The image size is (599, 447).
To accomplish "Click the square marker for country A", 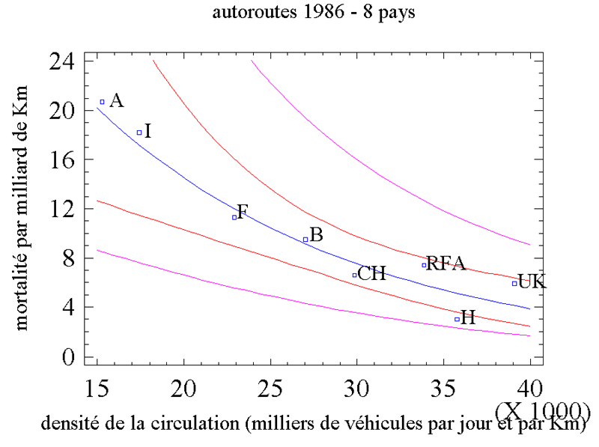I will coord(103,102).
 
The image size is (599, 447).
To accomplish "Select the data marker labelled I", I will coord(139,133).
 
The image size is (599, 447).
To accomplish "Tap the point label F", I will coord(242,211).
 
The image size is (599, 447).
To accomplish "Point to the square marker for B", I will coord(305,240).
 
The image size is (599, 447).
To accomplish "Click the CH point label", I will coord(371,274).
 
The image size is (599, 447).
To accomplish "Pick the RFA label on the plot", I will coord(446,264).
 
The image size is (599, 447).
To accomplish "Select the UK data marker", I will coord(514,283).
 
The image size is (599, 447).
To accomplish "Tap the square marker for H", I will coord(457,319).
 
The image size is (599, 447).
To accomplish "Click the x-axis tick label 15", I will coord(97,386).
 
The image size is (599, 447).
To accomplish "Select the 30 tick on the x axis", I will coord(356,386).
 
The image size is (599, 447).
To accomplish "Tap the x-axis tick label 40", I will coord(529,386).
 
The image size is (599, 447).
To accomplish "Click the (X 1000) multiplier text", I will coord(542,410).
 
